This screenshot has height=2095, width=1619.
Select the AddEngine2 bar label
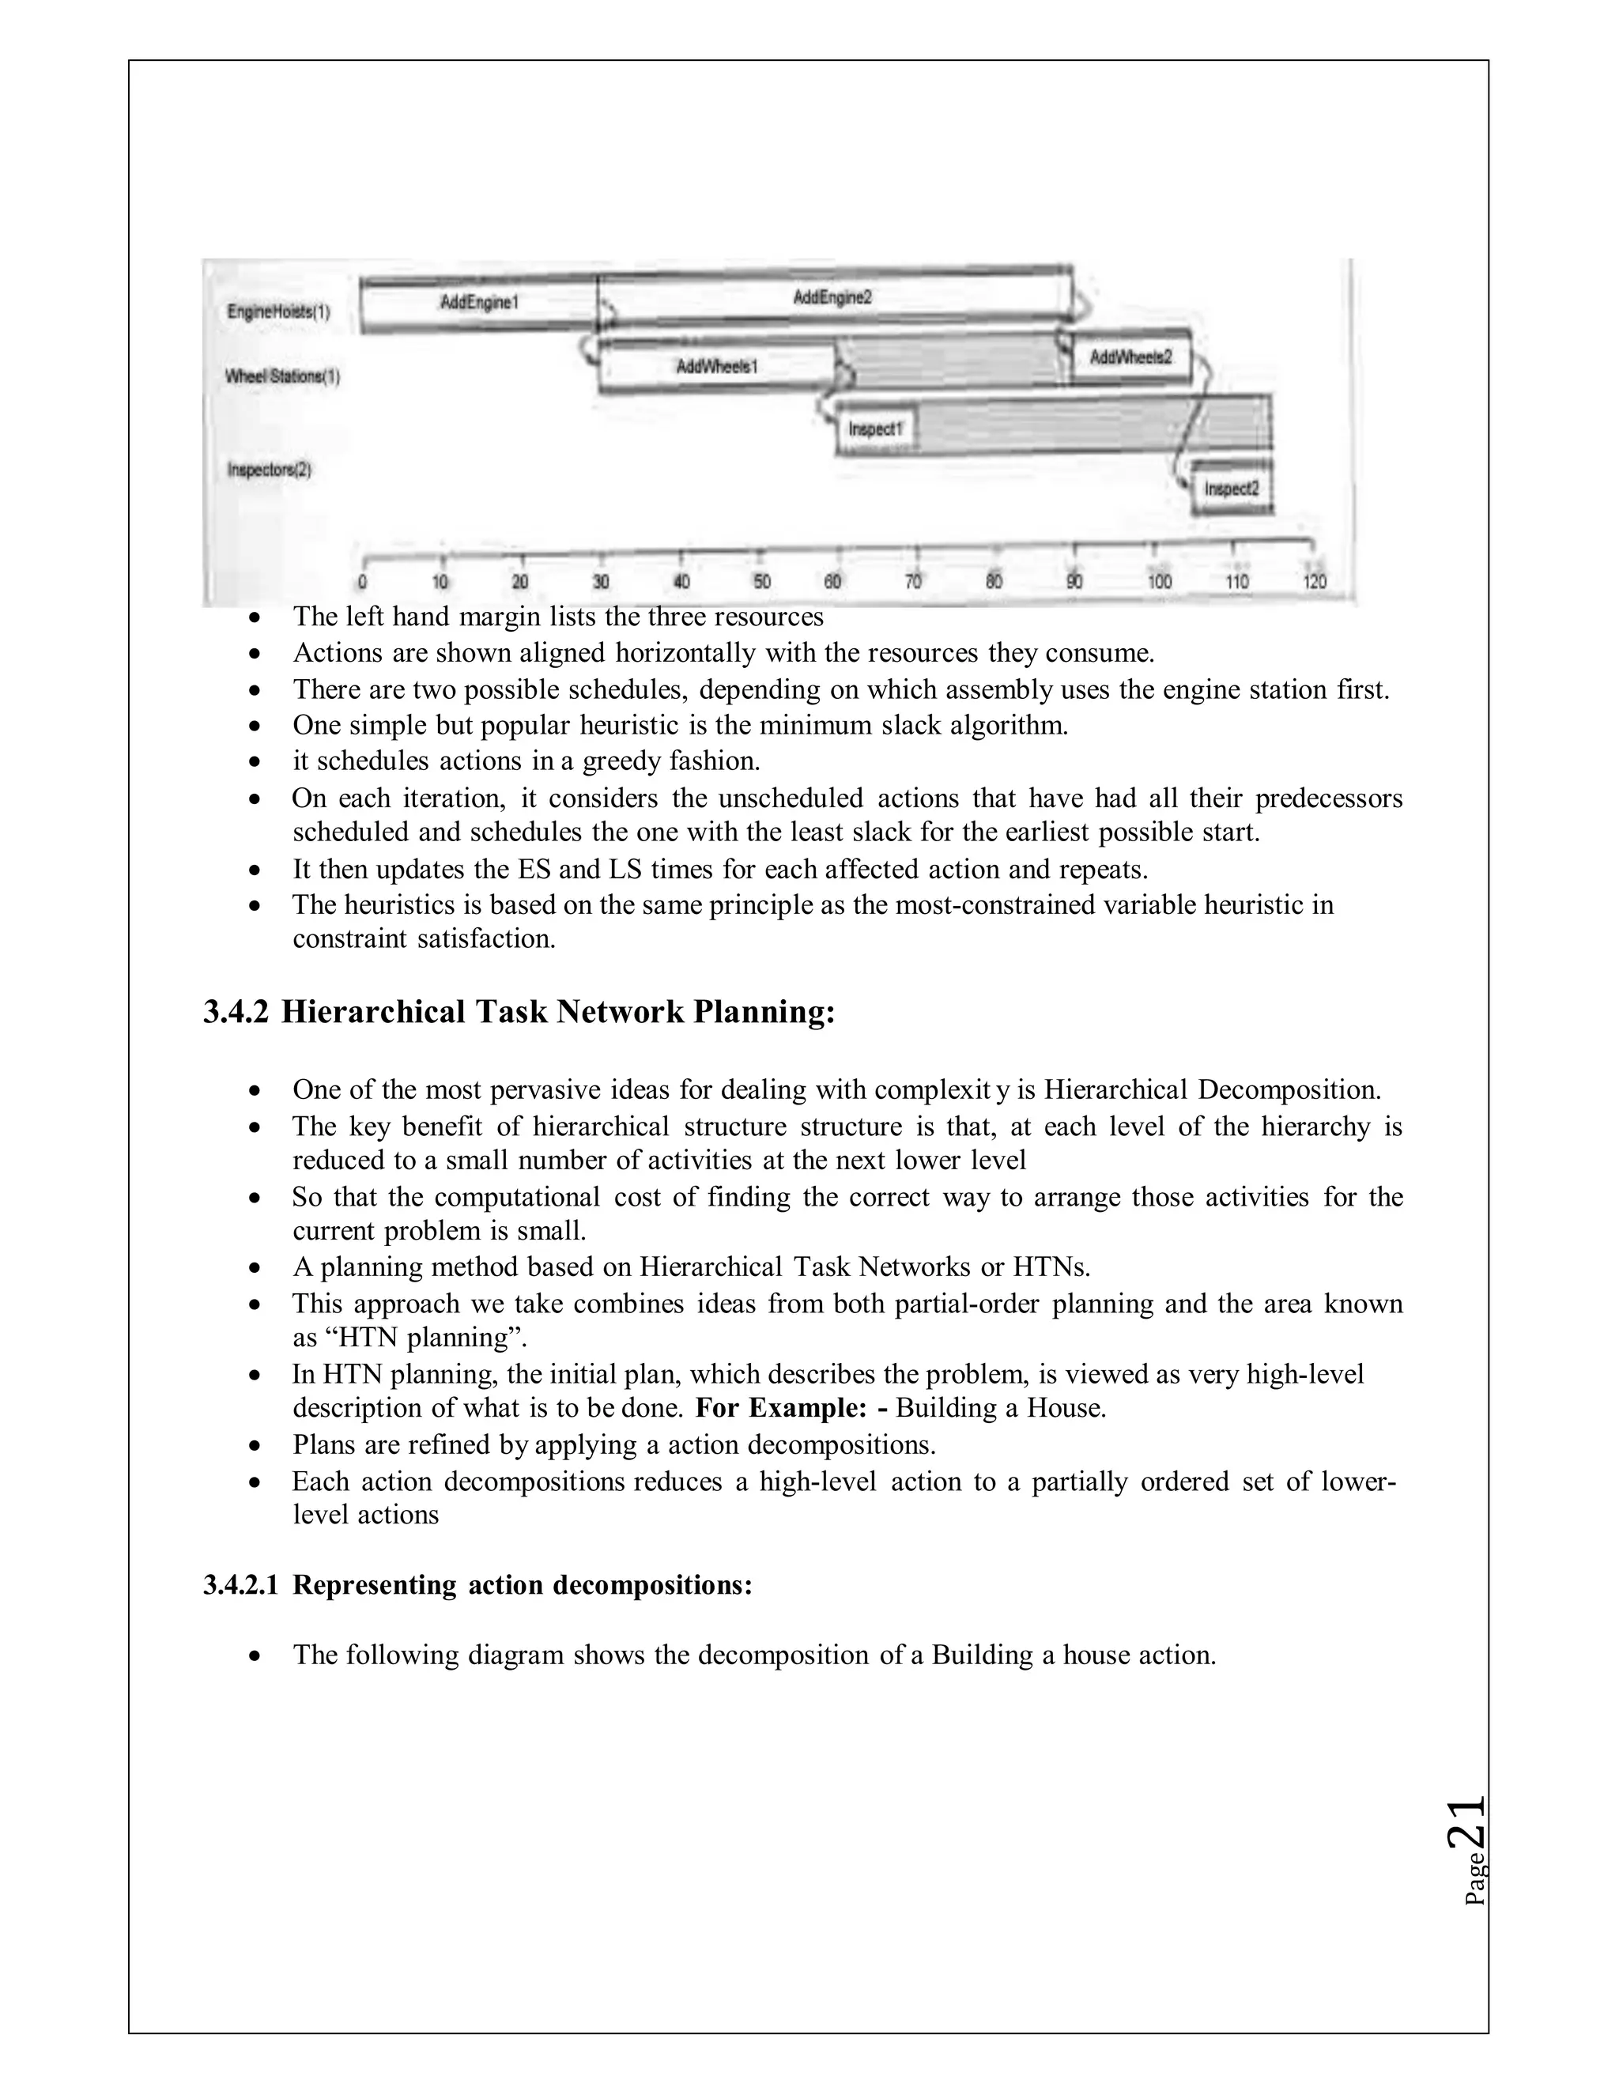(832, 297)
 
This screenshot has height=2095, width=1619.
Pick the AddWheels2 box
(1130, 358)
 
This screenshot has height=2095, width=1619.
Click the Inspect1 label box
(876, 430)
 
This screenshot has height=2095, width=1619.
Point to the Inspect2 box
(1231, 489)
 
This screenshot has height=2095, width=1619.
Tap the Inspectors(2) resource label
(270, 470)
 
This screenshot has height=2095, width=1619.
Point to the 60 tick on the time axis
(832, 581)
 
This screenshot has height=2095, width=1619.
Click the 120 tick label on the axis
(1314, 581)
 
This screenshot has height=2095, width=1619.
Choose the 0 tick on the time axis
(361, 581)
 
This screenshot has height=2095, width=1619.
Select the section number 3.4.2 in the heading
(236, 1012)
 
